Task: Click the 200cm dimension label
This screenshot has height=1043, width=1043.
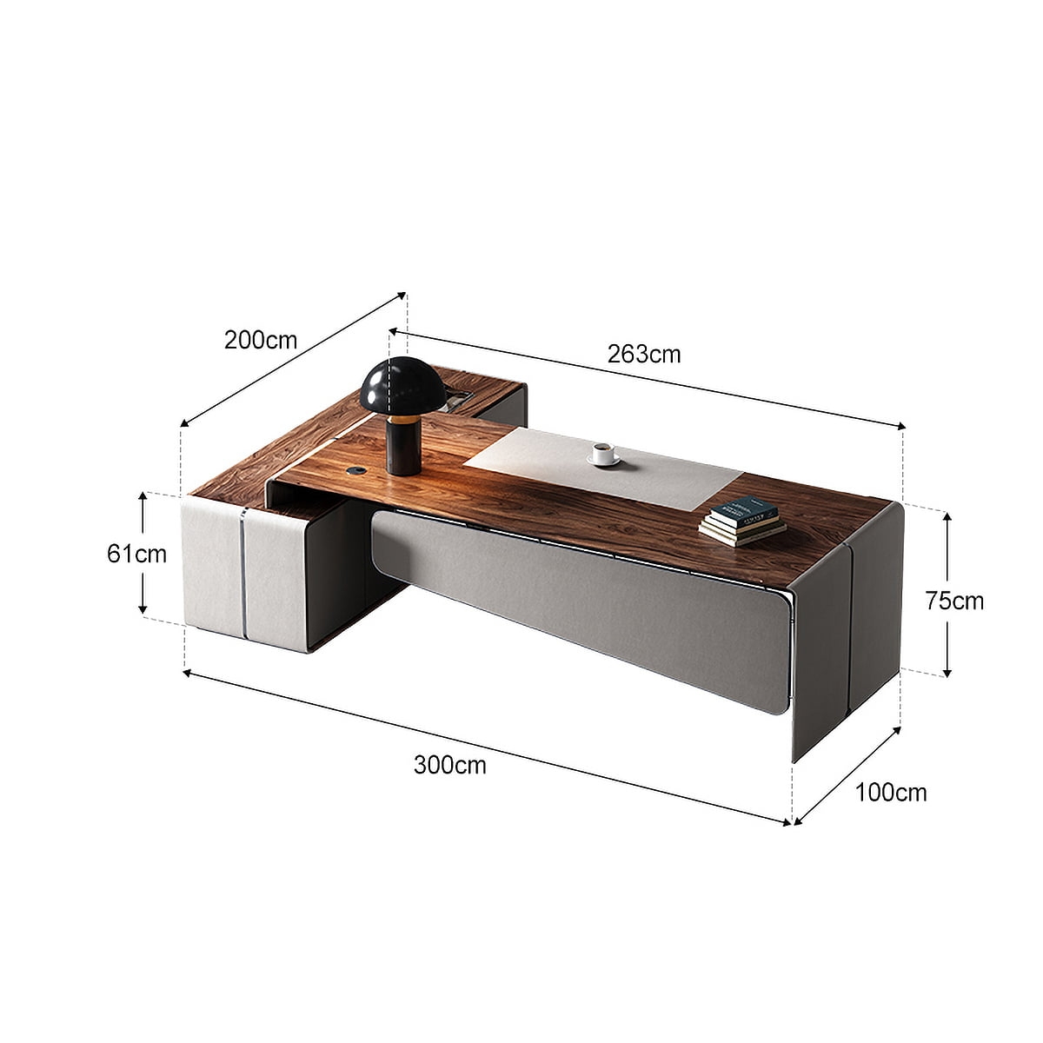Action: [x=261, y=339]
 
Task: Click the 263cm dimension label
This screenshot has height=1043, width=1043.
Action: [x=644, y=354]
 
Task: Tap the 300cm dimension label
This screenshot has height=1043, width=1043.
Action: [x=449, y=765]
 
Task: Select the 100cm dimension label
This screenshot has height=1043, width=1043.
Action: [x=891, y=792]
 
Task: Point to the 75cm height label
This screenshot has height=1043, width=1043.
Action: [x=954, y=601]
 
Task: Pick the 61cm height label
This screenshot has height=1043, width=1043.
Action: [x=136, y=553]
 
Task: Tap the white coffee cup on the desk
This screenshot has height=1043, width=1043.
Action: [x=602, y=453]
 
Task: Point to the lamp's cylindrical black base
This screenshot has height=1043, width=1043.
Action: [x=403, y=444]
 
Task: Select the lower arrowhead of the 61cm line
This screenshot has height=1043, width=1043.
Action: [x=143, y=610]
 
